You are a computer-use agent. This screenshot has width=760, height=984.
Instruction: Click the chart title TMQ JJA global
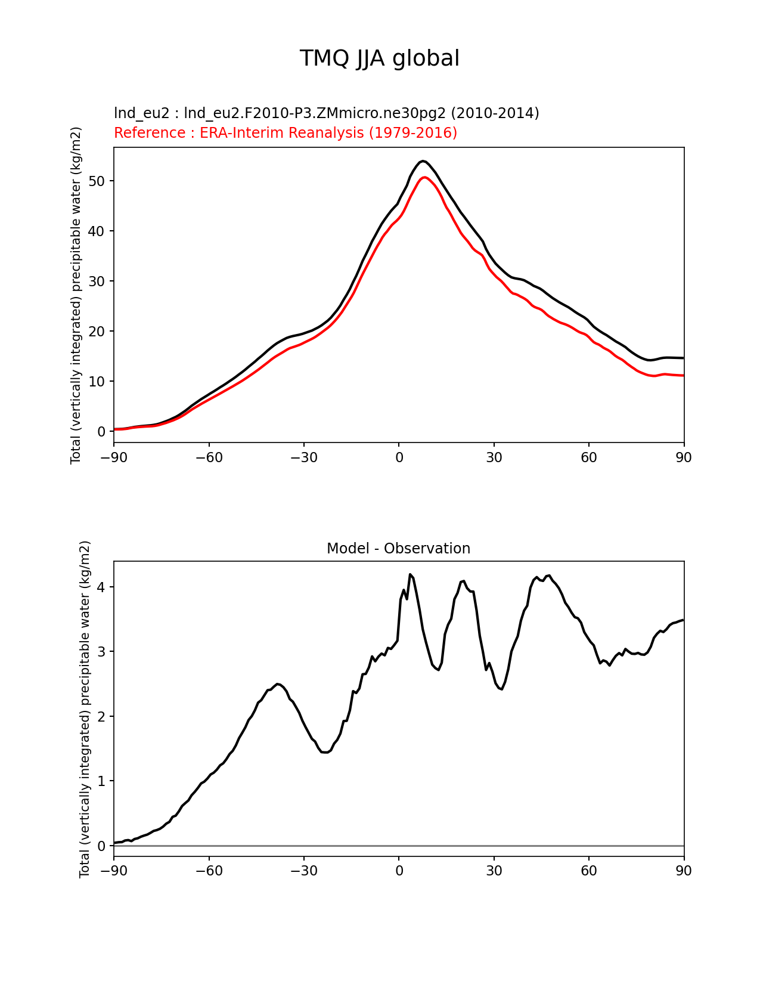pyautogui.click(x=379, y=59)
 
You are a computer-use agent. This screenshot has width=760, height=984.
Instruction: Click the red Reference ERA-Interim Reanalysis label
pyautogui.click(x=286, y=133)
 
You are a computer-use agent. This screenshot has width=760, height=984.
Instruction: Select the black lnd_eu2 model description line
pyautogui.click(x=326, y=113)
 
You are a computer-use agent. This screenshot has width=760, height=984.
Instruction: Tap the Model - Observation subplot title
pyautogui.click(x=398, y=549)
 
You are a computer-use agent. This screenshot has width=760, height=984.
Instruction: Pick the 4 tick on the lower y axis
pyautogui.click(x=101, y=587)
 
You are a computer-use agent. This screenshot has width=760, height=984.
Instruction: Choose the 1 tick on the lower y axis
pyautogui.click(x=101, y=781)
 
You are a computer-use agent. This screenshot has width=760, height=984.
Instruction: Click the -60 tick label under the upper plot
pyautogui.click(x=209, y=458)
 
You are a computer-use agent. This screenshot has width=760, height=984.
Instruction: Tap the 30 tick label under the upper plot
pyautogui.click(x=494, y=458)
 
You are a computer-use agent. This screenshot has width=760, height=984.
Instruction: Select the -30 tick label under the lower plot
pyautogui.click(x=303, y=871)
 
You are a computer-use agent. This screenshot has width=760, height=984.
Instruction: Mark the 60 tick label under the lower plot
pyautogui.click(x=589, y=871)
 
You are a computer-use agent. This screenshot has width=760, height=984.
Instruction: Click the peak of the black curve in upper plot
pyautogui.click(x=423, y=161)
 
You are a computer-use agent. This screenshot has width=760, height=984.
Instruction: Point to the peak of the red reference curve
pyautogui.click(x=424, y=177)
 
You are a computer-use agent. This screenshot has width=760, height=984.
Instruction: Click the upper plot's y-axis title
pyautogui.click(x=76, y=295)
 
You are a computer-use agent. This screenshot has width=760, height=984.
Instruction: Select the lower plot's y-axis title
pyautogui.click(x=85, y=709)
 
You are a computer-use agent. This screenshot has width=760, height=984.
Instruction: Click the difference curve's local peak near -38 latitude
pyautogui.click(x=278, y=683)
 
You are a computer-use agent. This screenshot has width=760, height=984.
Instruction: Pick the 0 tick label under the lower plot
pyautogui.click(x=399, y=871)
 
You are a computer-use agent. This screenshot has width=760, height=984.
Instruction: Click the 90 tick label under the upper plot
pyautogui.click(x=684, y=458)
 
